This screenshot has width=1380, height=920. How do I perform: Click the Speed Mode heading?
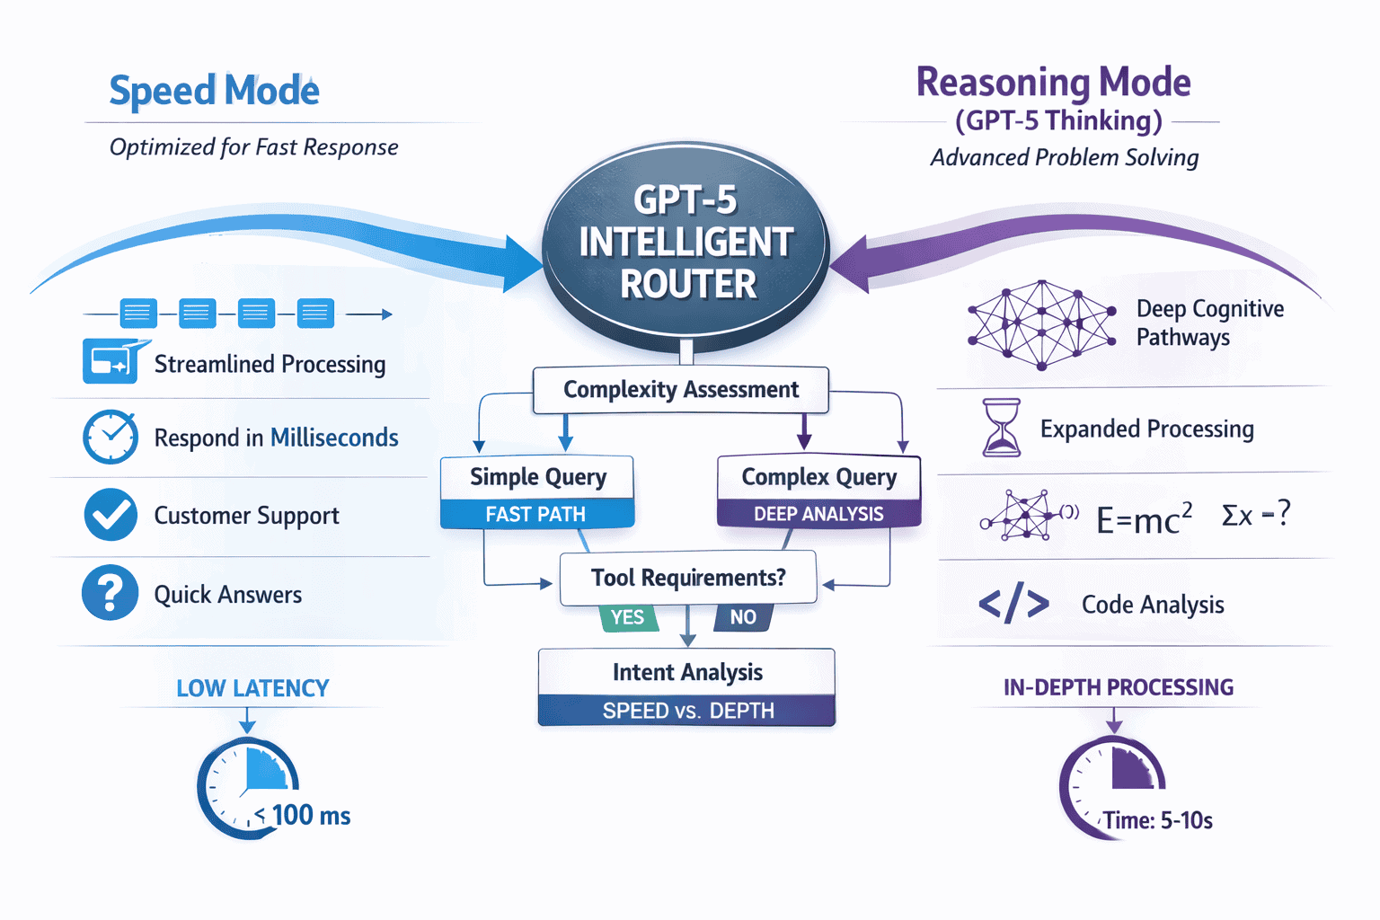tap(214, 91)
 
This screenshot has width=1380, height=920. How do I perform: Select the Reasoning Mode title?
tap(1053, 83)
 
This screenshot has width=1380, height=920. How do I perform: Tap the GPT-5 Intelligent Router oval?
tap(686, 242)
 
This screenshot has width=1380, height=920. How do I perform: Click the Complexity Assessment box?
tap(680, 390)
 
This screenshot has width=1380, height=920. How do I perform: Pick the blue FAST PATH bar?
tap(536, 515)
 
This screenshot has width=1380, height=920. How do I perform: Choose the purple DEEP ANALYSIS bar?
tap(818, 515)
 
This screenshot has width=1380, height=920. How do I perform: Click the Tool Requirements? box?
tap(688, 578)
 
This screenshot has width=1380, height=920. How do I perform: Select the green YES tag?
tap(627, 617)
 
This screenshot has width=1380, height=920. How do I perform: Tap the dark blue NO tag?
tap(743, 617)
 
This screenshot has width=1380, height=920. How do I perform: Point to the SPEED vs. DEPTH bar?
tap(687, 711)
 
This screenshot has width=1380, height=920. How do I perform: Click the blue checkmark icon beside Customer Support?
tap(111, 515)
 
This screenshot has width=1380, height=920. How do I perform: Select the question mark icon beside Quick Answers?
tap(111, 593)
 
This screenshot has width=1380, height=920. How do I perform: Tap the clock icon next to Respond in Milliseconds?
tap(111, 438)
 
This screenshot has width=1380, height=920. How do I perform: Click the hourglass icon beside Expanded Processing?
tap(1002, 429)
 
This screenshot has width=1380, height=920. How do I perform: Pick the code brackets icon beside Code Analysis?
tap(1013, 605)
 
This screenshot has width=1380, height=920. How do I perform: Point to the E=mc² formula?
tap(1144, 518)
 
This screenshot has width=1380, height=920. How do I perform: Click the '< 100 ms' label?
tap(303, 816)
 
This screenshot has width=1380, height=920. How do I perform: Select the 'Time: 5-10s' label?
tap(1158, 821)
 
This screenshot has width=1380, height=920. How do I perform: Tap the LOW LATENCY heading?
tap(252, 688)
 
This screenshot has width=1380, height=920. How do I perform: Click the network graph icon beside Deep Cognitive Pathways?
tap(1040, 324)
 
